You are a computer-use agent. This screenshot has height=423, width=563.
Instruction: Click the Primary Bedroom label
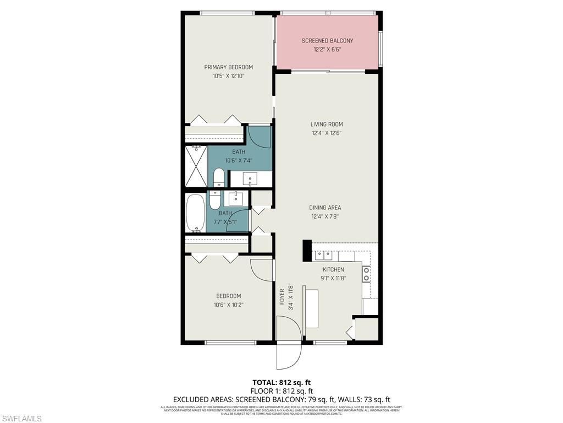point(228,67)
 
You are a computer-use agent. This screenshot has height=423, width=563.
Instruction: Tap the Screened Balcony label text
point(327,41)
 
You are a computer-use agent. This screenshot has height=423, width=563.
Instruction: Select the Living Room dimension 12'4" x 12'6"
point(327,133)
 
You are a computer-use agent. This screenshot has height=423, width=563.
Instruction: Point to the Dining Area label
point(325,208)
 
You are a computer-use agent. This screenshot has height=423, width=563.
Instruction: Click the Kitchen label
point(333,269)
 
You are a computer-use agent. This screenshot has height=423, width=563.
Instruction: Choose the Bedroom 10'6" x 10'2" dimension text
point(228,305)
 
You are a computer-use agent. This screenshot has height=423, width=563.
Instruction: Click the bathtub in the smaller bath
point(195,213)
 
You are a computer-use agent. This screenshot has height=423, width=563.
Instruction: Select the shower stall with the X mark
point(195,166)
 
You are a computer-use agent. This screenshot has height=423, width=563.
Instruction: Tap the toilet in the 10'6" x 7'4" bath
point(218,177)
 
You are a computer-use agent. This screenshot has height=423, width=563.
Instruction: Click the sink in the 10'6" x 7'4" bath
point(250,179)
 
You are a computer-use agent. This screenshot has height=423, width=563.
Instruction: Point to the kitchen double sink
point(324,255)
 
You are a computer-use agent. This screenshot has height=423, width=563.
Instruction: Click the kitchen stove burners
point(366,274)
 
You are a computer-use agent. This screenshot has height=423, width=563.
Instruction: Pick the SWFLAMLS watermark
point(21,419)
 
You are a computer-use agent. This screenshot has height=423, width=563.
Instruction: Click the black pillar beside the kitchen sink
point(307,251)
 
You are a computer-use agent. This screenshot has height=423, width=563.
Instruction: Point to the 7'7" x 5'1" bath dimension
point(225,223)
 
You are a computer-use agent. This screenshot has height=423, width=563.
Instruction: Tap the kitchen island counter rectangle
point(312,307)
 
